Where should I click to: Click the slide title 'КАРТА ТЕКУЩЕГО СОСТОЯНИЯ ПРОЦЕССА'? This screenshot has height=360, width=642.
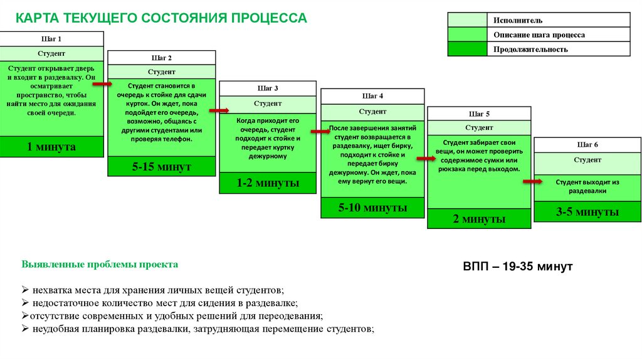(x=161, y=18)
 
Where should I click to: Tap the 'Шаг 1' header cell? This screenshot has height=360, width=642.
(x=51, y=39)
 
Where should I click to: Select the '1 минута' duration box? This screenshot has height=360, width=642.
(x=51, y=147)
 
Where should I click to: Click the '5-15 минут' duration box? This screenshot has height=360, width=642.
(x=161, y=166)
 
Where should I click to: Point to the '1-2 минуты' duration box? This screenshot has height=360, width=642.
(x=268, y=183)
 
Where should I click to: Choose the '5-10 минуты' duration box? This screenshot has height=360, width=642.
(x=373, y=208)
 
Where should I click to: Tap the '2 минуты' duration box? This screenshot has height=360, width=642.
(x=479, y=219)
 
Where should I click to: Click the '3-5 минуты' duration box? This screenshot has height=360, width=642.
(x=587, y=212)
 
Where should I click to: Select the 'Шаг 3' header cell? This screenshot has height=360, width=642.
(x=268, y=88)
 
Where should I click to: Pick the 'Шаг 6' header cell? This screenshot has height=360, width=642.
(x=587, y=145)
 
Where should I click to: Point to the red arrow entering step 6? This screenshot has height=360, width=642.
(x=532, y=182)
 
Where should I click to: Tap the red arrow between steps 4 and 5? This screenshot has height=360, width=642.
(x=426, y=159)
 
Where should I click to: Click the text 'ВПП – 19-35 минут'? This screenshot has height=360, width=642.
(x=518, y=267)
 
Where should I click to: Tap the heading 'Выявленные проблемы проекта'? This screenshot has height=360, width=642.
(x=100, y=265)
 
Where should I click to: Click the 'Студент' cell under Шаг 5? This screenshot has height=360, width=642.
(x=479, y=127)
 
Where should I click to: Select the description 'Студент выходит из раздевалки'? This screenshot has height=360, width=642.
(x=587, y=186)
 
